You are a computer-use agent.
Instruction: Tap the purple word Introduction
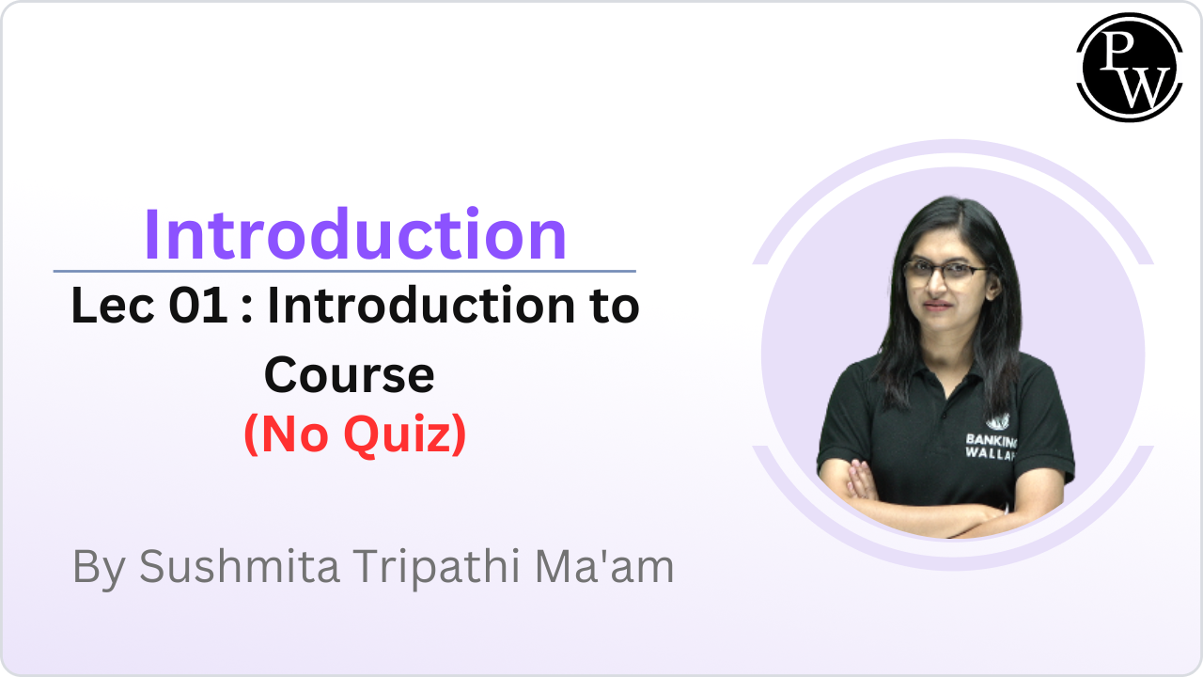[355, 235]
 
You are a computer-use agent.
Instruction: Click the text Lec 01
[148, 307]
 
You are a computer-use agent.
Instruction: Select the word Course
[349, 375]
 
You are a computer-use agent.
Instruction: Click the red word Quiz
[404, 435]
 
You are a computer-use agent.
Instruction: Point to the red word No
[289, 435]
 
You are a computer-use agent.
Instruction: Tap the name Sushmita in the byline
[239, 567]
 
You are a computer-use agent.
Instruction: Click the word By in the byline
[100, 567]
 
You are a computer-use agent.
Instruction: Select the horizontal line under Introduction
[344, 271]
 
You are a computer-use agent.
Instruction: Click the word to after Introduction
[611, 307]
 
